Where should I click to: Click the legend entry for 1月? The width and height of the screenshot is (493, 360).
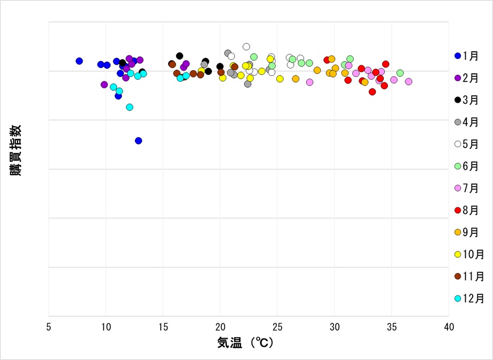point(467,56)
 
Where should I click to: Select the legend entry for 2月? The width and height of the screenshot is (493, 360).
point(467,78)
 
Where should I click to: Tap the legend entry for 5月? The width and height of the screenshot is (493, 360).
point(467,144)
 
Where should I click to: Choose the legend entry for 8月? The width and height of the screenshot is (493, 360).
point(467,210)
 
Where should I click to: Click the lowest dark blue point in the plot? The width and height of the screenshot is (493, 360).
point(139,141)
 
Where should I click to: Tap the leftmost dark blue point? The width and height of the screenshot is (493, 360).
point(79,61)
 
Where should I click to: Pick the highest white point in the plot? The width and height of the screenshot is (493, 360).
point(246,47)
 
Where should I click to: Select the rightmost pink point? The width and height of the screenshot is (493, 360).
point(408,81)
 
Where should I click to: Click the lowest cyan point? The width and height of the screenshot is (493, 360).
point(130,107)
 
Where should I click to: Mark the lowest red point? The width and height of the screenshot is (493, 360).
point(373,91)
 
